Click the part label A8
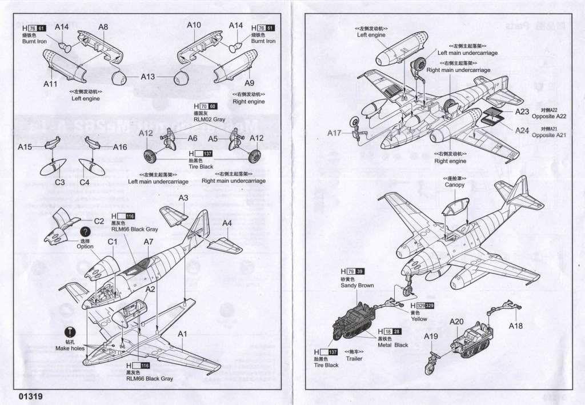[103, 26]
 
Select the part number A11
[51, 83]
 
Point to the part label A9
[249, 82]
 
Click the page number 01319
[30, 396]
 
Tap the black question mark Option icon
[85, 232]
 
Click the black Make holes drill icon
[70, 331]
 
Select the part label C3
[59, 182]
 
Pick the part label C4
[85, 182]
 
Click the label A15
[25, 147]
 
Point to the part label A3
[183, 198]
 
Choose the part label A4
[227, 223]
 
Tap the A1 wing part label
[183, 334]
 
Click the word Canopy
[455, 185]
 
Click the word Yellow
[418, 319]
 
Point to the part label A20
[456, 322]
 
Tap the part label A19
[431, 336]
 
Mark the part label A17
[334, 133]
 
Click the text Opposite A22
[548, 116]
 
